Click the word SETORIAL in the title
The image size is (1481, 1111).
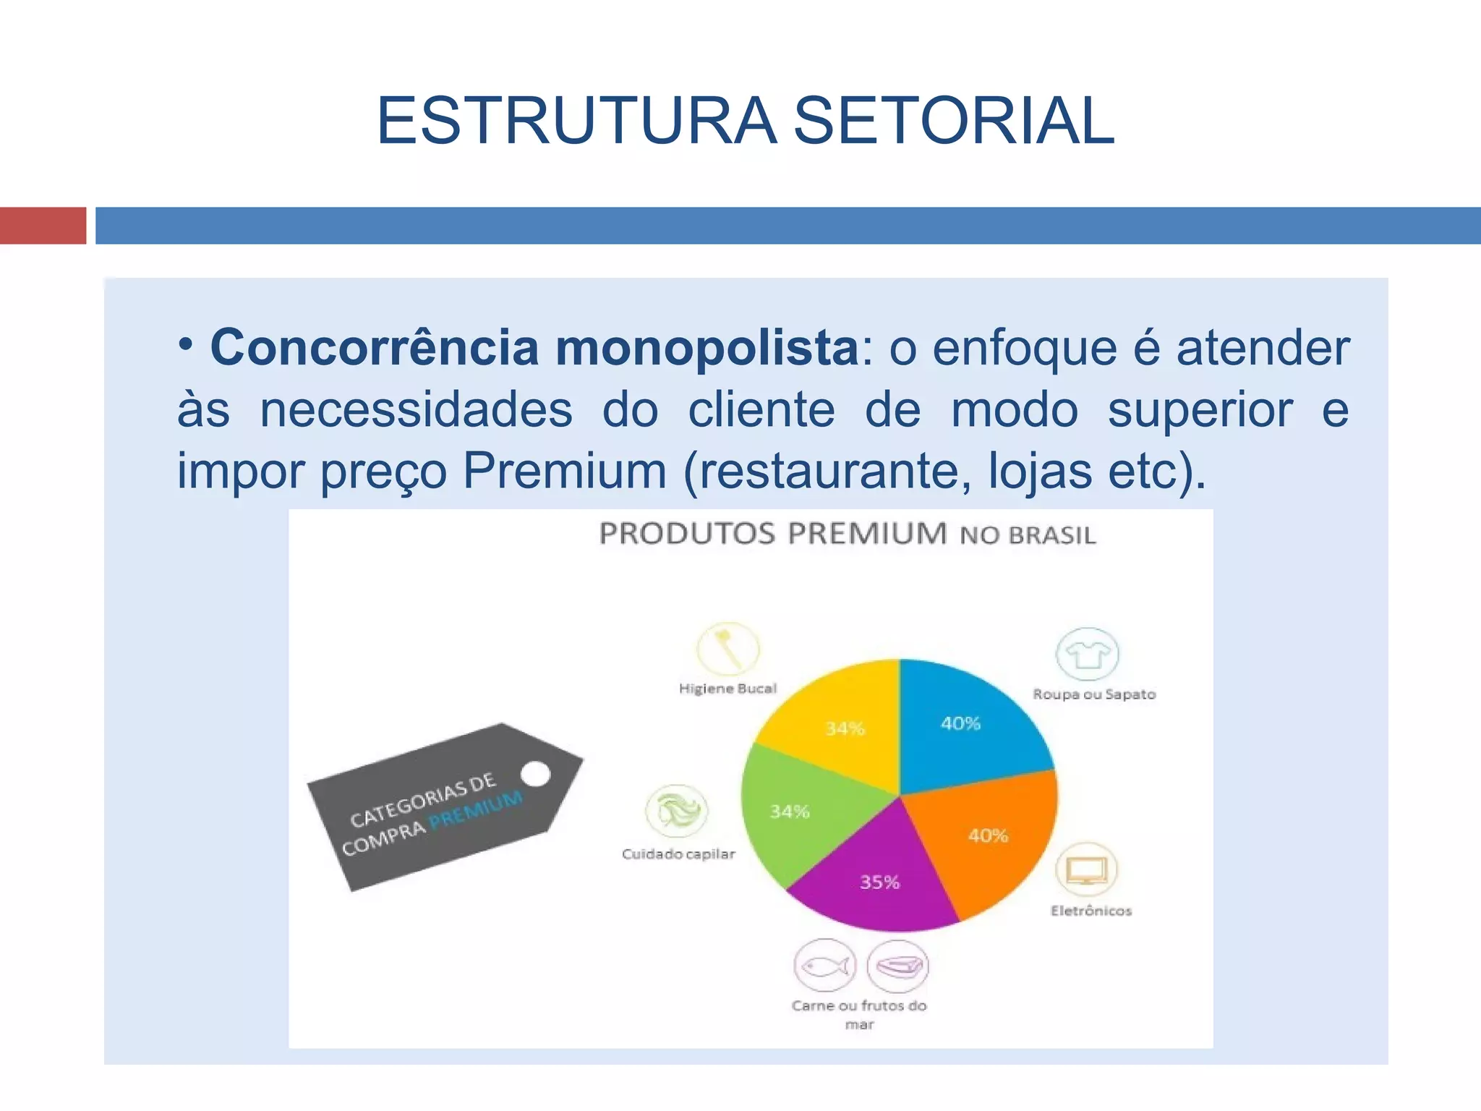click(x=954, y=121)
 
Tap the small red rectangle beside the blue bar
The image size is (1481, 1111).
click(x=43, y=226)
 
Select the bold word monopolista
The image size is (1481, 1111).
click(x=707, y=348)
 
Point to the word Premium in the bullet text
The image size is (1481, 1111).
click(x=564, y=471)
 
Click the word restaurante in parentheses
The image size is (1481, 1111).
click(x=835, y=471)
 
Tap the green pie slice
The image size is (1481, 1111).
click(x=795, y=810)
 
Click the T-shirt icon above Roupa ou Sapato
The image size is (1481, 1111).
click(x=1087, y=654)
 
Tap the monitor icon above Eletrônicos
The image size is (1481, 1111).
click(x=1086, y=869)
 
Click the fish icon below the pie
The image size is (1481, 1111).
click(x=824, y=966)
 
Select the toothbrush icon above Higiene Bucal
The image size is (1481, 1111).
click(x=727, y=648)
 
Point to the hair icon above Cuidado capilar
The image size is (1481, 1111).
click(x=677, y=809)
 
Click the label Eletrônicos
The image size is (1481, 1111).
click(x=1091, y=911)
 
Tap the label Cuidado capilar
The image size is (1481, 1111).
click(x=678, y=854)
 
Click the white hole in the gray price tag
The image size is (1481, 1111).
click(x=535, y=774)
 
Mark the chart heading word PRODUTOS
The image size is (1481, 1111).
click(x=687, y=534)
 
